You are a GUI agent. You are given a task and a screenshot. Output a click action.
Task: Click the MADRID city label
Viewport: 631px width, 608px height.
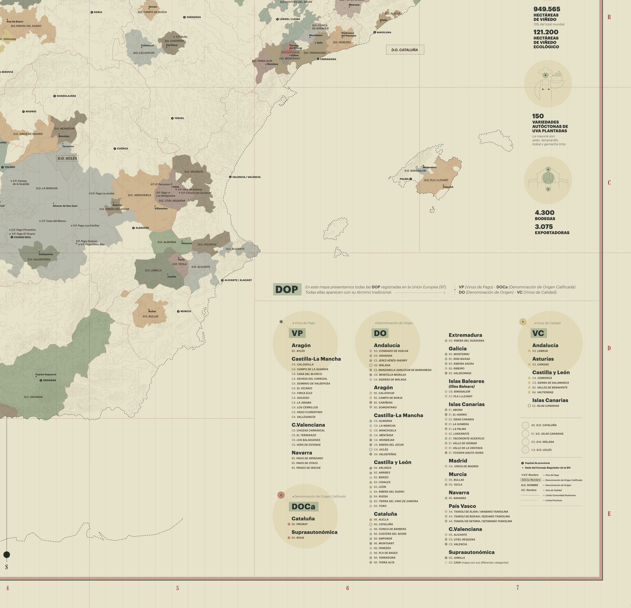point(30,111)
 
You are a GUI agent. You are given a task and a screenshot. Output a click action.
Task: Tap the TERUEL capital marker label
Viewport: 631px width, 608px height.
point(179,118)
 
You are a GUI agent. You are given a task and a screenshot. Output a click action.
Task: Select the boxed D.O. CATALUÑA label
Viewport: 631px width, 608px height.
point(405,50)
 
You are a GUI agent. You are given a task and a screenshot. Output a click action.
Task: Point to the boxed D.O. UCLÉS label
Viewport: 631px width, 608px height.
point(67,158)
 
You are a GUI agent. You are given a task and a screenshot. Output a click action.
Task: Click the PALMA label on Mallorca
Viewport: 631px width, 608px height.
point(404,179)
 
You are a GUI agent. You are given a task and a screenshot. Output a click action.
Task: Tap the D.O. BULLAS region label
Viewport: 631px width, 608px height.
point(150,316)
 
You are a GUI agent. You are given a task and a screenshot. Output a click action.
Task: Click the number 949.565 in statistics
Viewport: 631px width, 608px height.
point(547,9)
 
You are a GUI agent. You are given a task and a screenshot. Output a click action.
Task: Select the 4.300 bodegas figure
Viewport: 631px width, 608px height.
point(544,213)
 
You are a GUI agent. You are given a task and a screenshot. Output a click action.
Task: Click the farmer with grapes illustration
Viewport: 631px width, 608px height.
point(548,84)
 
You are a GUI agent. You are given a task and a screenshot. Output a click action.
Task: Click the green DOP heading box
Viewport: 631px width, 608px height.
point(287,289)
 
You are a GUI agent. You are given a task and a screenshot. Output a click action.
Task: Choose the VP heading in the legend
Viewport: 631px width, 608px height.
point(297,333)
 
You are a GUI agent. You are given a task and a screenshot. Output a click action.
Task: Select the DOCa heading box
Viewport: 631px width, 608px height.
point(303,507)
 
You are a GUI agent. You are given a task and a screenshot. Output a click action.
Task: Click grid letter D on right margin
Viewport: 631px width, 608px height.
point(609,348)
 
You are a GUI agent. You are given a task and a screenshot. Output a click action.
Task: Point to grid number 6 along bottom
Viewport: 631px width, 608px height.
point(347,588)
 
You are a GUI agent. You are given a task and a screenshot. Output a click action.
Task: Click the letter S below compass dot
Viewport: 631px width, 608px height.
point(7,567)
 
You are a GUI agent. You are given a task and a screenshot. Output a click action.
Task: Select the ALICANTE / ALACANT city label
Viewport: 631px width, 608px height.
point(238,280)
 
